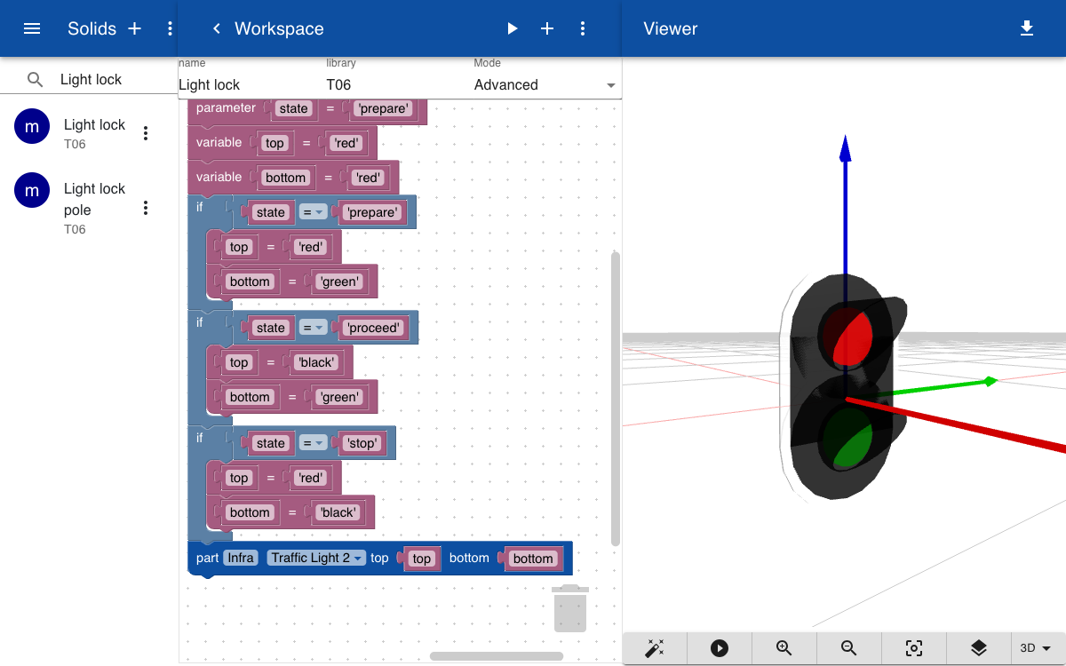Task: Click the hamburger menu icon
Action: [32, 28]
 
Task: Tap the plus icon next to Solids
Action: [135, 28]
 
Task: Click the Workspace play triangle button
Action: [512, 28]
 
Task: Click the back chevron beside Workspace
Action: [217, 28]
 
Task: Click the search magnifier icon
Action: [35, 79]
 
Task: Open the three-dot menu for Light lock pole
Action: [146, 208]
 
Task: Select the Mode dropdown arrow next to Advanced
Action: [611, 85]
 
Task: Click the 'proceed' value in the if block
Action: [374, 328]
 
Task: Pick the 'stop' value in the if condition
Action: [362, 443]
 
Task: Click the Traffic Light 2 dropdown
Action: [316, 558]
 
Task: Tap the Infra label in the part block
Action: [241, 558]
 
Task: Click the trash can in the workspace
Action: [570, 608]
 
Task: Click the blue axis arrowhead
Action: [845, 148]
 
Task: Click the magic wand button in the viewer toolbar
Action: [655, 648]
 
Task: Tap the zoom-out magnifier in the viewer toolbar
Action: [848, 648]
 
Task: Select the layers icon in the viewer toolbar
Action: [979, 648]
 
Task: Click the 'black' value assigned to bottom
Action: [338, 512]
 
